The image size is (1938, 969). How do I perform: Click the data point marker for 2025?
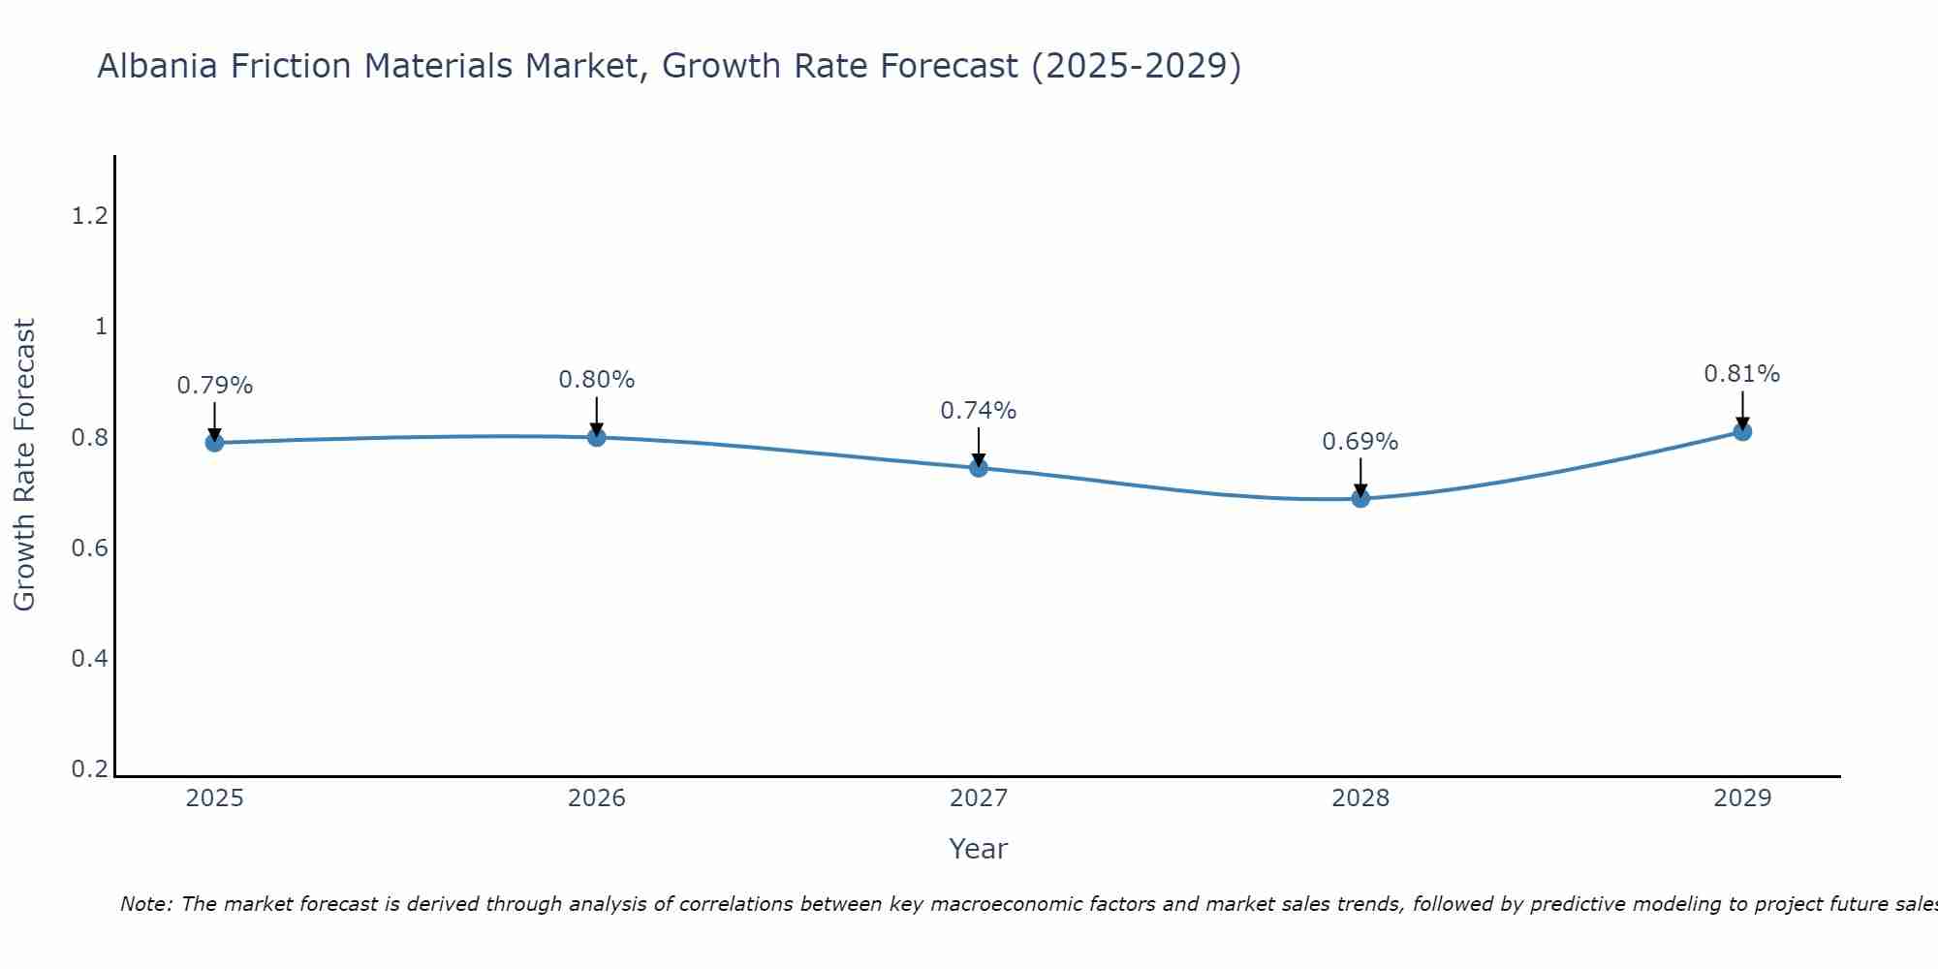click(214, 443)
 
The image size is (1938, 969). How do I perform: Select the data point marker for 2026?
click(596, 437)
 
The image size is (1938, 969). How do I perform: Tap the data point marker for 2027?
click(979, 468)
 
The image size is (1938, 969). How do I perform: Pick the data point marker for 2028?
click(1360, 498)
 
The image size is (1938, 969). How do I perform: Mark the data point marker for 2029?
click(1742, 431)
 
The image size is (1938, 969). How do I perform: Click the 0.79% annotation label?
click(214, 386)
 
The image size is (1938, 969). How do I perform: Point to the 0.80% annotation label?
click(596, 380)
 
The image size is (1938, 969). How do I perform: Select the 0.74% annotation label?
click(979, 411)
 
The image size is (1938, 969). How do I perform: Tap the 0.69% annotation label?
click(1360, 442)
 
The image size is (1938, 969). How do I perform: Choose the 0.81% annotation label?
click(1742, 374)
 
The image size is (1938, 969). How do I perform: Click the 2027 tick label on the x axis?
click(979, 798)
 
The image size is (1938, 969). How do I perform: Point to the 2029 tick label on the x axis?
click(1742, 798)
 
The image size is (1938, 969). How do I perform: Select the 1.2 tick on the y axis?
click(89, 216)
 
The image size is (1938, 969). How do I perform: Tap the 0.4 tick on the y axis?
click(89, 659)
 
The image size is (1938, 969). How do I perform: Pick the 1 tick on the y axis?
click(100, 327)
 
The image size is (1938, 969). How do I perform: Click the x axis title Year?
click(979, 849)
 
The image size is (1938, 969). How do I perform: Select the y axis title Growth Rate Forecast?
click(24, 465)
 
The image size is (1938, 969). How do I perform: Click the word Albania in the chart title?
click(156, 66)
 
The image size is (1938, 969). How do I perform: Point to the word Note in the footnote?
click(145, 904)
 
